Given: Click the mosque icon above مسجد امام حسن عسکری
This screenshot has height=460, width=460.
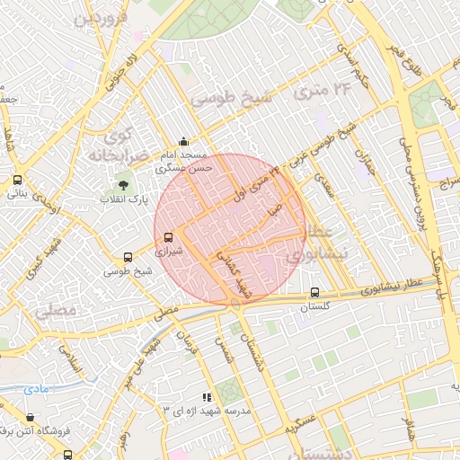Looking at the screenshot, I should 184,141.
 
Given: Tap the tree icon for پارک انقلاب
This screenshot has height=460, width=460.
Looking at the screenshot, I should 123,185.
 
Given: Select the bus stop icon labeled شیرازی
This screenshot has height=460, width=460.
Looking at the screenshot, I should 169,238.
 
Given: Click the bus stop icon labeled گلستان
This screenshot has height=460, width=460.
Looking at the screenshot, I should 314,292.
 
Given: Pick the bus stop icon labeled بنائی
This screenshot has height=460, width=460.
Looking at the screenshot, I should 17,180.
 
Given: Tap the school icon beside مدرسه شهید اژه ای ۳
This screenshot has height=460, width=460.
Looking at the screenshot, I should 206,396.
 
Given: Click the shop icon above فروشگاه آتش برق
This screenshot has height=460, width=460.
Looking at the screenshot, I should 31,418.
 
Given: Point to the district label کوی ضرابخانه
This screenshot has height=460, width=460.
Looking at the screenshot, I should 113,146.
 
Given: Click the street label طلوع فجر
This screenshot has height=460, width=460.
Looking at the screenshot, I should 399,59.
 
